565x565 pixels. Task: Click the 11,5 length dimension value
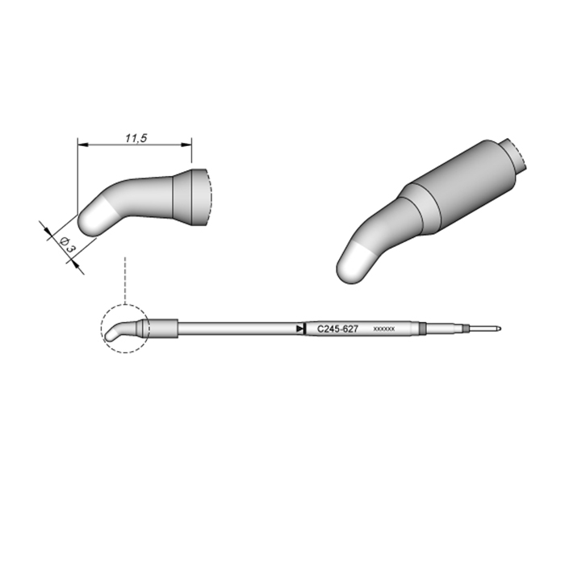click(136, 138)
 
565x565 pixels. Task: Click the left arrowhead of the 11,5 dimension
click(83, 144)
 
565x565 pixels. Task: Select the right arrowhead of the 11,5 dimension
click(186, 144)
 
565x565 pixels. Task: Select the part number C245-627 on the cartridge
click(337, 329)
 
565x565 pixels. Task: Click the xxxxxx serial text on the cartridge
click(384, 329)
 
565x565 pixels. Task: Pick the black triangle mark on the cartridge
click(299, 329)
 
